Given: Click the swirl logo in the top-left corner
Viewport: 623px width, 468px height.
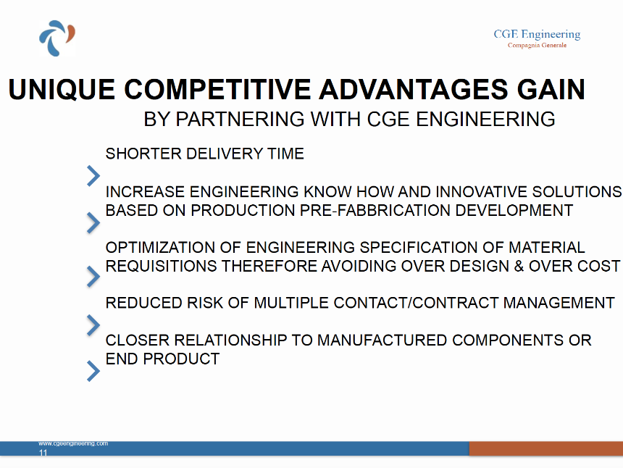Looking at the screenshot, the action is click(x=57, y=38).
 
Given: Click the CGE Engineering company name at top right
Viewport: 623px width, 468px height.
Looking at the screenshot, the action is click(x=537, y=35).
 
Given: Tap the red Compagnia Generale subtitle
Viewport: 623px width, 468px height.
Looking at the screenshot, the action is click(x=538, y=46).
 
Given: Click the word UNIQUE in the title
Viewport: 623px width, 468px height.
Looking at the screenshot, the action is click(x=62, y=89).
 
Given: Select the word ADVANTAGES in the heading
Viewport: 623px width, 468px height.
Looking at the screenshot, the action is click(x=413, y=89).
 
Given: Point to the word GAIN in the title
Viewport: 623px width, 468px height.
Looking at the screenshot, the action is click(x=551, y=89).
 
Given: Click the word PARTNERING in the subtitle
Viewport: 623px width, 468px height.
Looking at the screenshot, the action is click(x=240, y=120).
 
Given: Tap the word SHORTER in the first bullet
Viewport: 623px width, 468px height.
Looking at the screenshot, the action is click(x=143, y=154).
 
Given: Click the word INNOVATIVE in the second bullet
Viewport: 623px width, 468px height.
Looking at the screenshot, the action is click(x=481, y=192).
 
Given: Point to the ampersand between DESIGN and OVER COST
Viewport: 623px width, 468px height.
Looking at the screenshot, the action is click(x=519, y=266).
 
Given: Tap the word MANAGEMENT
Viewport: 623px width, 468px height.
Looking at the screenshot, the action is click(x=559, y=303).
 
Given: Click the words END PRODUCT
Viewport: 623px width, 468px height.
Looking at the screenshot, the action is click(x=162, y=359).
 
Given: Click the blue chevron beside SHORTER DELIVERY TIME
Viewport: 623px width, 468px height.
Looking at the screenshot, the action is click(x=93, y=176).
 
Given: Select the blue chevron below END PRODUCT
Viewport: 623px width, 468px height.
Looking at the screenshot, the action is click(x=93, y=371).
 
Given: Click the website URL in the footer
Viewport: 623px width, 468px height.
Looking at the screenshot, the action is click(x=73, y=443).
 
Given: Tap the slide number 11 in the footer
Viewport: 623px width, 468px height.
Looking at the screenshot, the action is click(x=43, y=453).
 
